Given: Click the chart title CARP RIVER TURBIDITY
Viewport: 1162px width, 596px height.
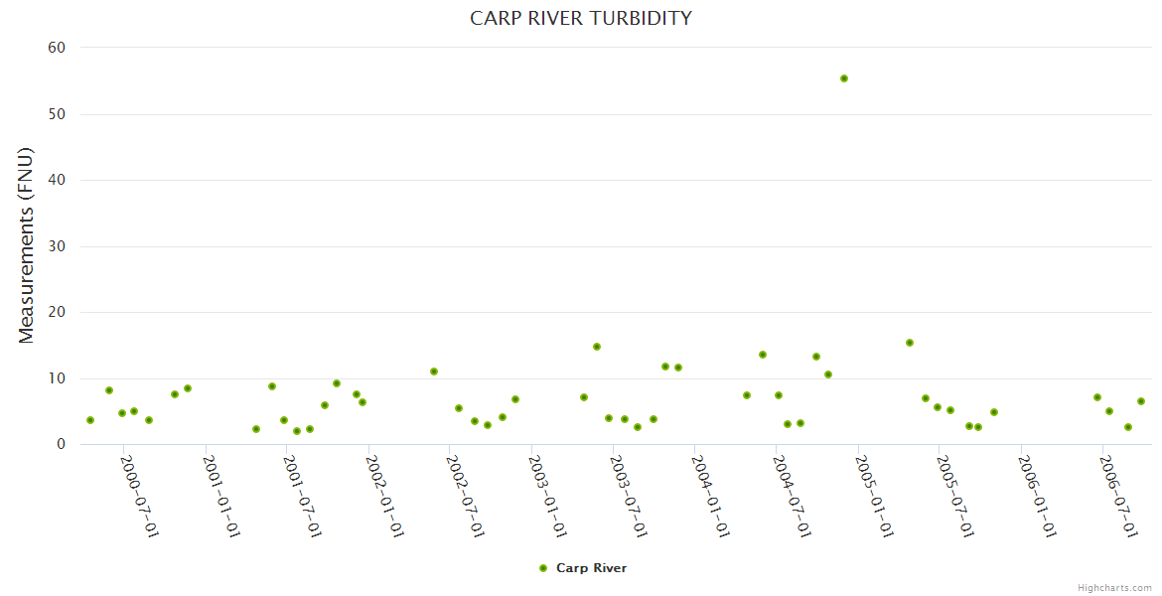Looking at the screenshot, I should [x=581, y=18].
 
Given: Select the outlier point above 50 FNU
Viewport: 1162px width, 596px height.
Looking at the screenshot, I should [x=844, y=78].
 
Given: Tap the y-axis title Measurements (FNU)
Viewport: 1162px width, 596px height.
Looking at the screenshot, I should [x=27, y=245].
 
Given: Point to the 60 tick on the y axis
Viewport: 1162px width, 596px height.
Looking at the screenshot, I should [x=57, y=48].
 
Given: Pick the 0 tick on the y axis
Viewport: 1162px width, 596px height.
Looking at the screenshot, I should [x=61, y=445].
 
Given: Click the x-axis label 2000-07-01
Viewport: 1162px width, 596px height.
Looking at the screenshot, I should [x=140, y=498].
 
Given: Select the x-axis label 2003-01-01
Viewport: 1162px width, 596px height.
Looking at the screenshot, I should [x=548, y=498].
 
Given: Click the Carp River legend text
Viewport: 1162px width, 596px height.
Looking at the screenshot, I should [x=591, y=568].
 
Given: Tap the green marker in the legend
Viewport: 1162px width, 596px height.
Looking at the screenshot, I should [x=543, y=568].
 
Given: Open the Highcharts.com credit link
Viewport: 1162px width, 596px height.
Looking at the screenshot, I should [x=1114, y=587].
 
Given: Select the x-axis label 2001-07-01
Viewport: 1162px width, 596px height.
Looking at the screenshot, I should [x=303, y=498].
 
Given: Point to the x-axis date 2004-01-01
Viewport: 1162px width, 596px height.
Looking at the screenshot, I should [x=712, y=498].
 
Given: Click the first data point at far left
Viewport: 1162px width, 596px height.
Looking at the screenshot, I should [x=90, y=420].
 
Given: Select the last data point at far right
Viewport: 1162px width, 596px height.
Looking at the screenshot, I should [x=1141, y=401].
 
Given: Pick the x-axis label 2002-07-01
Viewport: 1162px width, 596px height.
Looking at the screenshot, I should [x=467, y=498].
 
